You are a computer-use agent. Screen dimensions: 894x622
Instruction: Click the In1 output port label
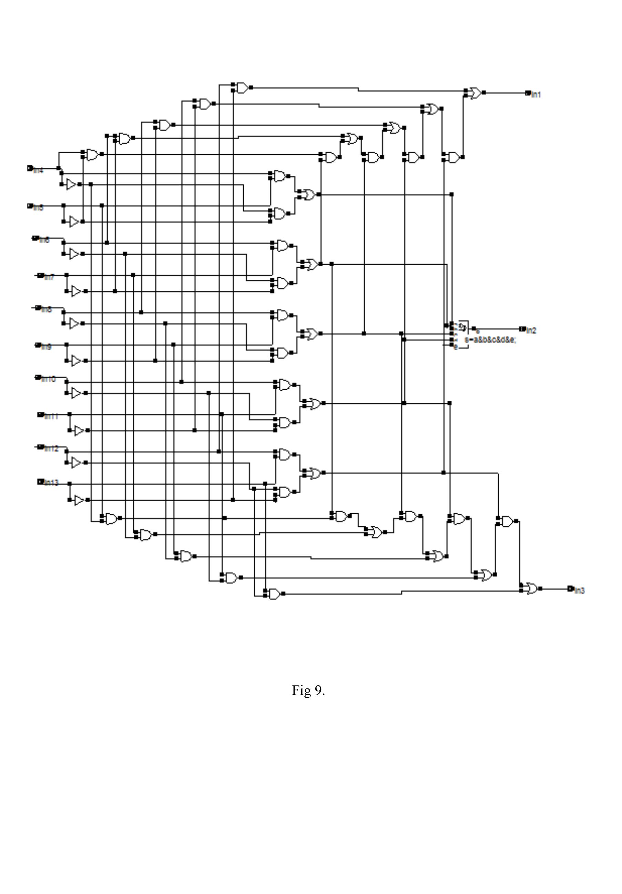click(536, 95)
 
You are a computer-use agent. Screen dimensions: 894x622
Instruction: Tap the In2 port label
click(531, 331)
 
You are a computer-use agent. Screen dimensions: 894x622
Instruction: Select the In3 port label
click(580, 591)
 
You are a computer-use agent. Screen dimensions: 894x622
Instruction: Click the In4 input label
click(38, 170)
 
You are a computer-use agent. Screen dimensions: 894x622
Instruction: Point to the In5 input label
click(38, 207)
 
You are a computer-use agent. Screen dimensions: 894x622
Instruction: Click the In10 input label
click(48, 379)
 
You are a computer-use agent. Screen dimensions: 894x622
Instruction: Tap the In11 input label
click(51, 416)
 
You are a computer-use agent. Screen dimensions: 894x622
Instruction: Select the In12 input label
click(51, 449)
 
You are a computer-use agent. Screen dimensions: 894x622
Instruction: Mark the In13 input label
click(51, 482)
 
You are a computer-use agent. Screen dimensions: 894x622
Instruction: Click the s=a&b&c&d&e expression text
click(490, 340)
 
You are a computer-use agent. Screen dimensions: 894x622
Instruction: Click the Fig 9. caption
click(308, 690)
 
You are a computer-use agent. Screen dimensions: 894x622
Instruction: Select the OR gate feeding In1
click(475, 93)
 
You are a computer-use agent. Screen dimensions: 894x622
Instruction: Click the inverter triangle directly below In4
click(71, 184)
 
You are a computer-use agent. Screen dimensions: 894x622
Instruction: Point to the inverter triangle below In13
click(79, 500)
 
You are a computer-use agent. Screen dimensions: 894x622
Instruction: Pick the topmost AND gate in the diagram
click(242, 88)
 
